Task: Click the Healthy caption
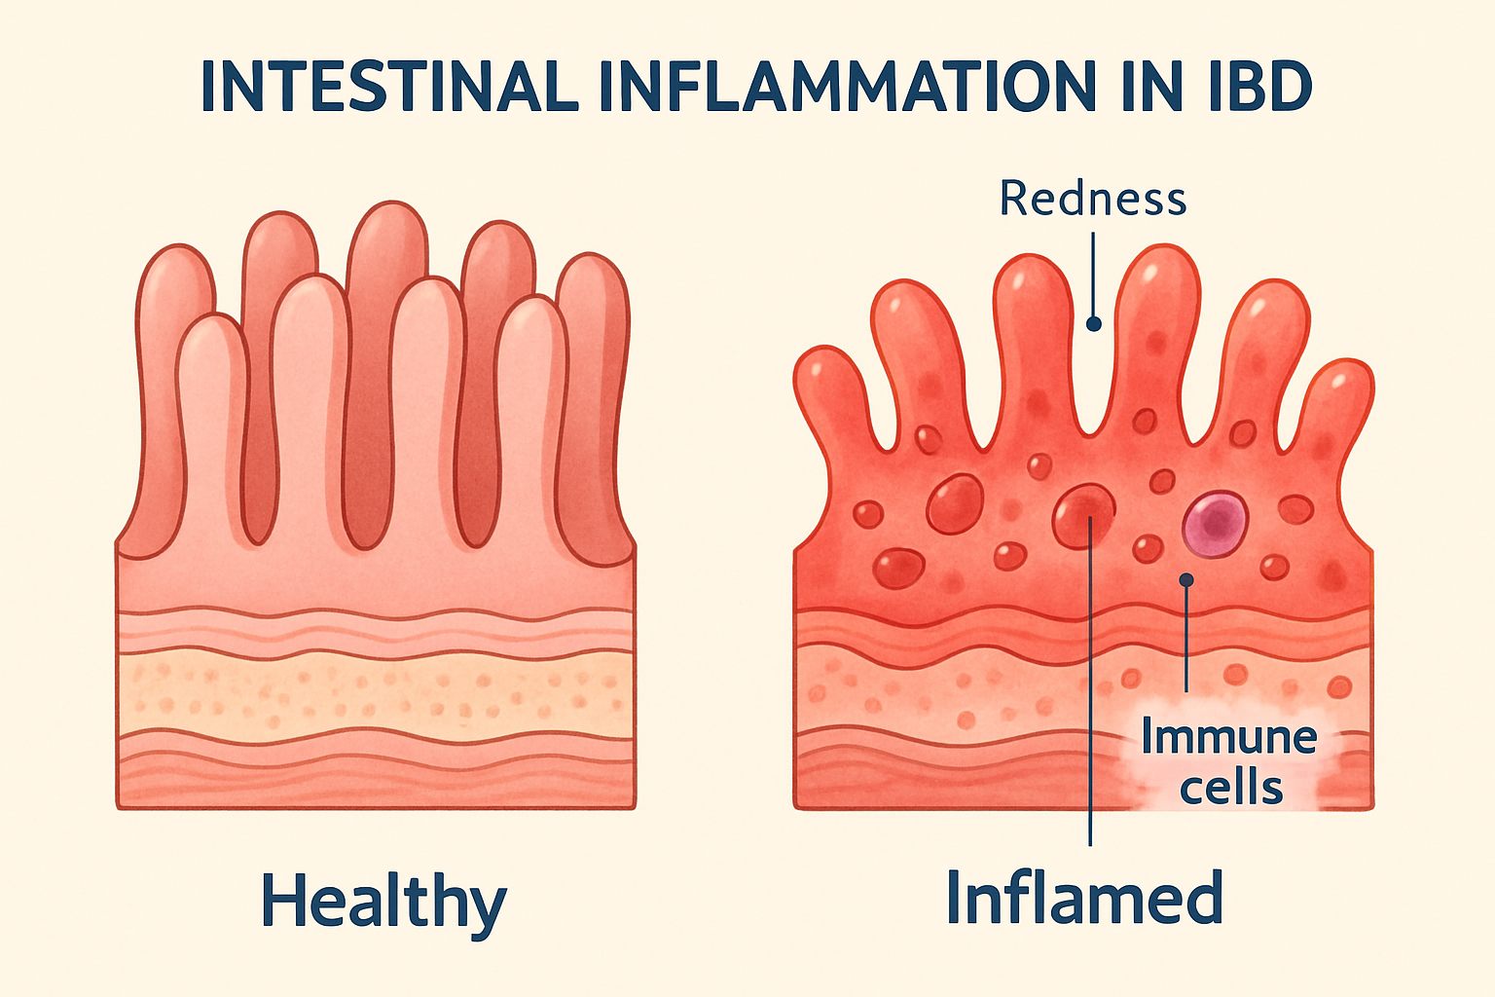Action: [x=383, y=903]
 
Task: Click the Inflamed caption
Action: [x=1084, y=899]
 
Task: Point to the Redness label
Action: [x=1093, y=199]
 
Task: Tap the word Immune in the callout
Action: [x=1228, y=737]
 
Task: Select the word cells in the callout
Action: [x=1231, y=787]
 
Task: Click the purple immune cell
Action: [x=1216, y=523]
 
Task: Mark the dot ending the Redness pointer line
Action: [x=1093, y=324]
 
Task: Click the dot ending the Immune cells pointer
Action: [x=1185, y=580]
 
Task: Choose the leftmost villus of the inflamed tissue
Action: [x=828, y=389]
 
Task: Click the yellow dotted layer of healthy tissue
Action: [x=376, y=693]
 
